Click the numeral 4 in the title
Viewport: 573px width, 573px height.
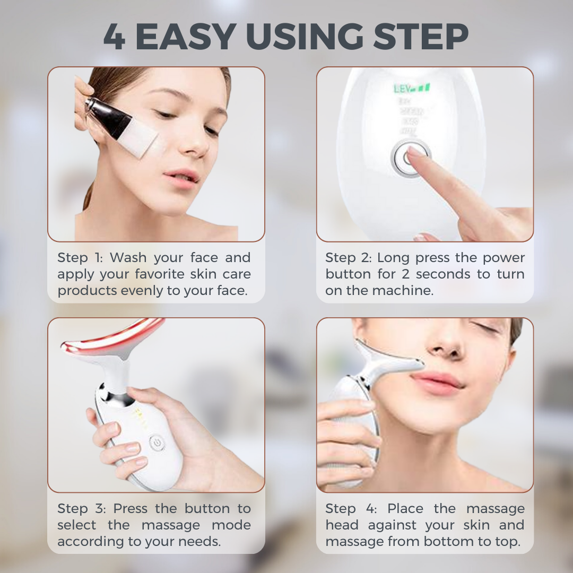coord(114,37)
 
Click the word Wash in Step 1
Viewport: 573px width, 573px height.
coord(128,258)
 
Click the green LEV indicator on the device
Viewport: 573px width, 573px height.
coord(411,89)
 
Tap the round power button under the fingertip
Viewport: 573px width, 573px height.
coord(410,159)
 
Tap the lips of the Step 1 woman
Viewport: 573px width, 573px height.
coord(181,177)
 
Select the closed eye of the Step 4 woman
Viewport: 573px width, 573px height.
coord(485,327)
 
